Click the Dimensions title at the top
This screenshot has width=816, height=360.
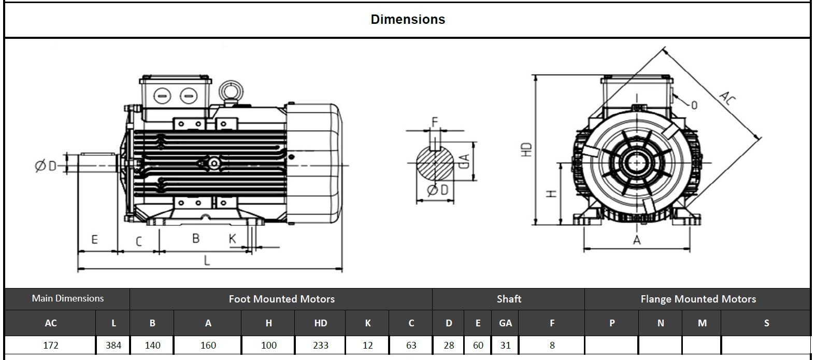pos(408,19)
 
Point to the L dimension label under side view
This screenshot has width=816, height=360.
pos(207,260)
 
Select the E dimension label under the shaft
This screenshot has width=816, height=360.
pos(94,239)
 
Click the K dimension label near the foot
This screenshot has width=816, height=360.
pos(233,239)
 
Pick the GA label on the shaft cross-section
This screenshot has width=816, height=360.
pos(464,161)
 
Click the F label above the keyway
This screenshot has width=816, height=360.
pos(435,122)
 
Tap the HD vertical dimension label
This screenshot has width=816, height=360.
pos(527,150)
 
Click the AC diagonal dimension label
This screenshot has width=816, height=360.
pos(727,97)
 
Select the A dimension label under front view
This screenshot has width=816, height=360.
pos(637,240)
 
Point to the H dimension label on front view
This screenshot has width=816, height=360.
pos(552,193)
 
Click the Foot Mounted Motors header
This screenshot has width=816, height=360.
pos(281,299)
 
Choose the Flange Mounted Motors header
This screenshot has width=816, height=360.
pos(698,299)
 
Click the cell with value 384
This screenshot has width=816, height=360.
pos(113,345)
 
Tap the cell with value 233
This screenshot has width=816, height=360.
pos(320,345)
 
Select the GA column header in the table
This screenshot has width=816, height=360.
pos(505,323)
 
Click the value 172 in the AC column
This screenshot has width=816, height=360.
pos(51,345)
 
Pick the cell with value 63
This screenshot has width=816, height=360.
pos(411,345)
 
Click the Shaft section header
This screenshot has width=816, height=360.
pos(509,299)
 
